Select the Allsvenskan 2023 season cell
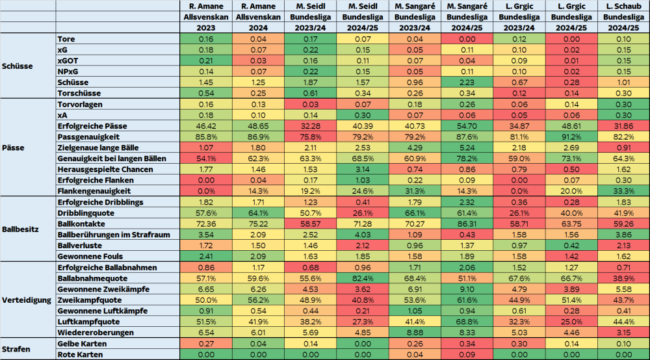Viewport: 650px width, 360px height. point(205,28)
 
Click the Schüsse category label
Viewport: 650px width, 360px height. point(18,66)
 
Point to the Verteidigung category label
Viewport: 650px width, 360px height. point(27,300)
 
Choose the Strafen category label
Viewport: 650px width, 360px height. point(18,349)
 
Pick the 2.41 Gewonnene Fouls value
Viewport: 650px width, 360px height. point(205,256)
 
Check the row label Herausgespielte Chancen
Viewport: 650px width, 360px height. point(105,169)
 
